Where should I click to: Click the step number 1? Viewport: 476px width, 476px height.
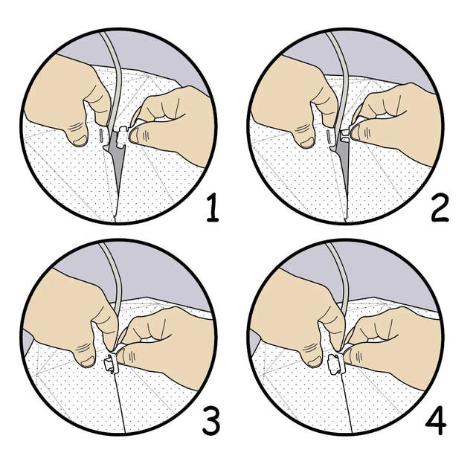click(212, 209)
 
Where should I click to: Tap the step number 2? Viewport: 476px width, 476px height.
click(440, 209)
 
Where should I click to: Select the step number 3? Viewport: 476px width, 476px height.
click(211, 422)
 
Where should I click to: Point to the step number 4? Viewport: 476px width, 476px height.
click(437, 422)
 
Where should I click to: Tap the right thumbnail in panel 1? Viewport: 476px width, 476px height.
click(134, 135)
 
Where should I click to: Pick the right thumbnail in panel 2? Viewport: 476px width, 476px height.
click(356, 132)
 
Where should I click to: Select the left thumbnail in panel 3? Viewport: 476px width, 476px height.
click(88, 361)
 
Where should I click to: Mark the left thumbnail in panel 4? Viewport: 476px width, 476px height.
click(315, 361)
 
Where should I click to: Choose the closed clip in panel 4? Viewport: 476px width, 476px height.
click(337, 363)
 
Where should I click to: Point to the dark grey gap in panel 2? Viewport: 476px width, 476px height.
click(344, 158)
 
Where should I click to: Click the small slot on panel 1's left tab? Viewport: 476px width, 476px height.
click(100, 135)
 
